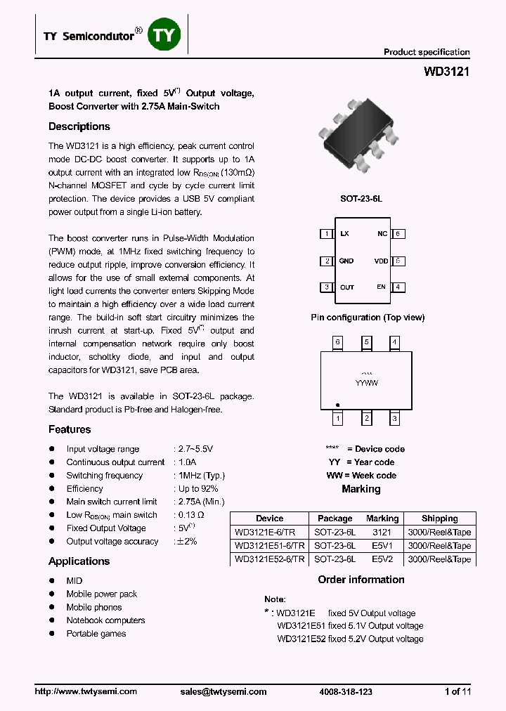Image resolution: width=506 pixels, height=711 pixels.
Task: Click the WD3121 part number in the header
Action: [446, 72]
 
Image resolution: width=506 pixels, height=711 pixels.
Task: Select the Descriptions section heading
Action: [79, 126]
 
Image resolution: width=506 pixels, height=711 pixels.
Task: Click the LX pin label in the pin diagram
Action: [344, 234]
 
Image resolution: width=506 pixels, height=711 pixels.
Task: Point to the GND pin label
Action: [346, 261]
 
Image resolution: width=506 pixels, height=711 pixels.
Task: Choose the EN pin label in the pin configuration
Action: [381, 287]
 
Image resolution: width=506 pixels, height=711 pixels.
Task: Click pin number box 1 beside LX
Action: [326, 234]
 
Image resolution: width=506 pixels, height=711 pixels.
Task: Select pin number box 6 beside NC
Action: [398, 234]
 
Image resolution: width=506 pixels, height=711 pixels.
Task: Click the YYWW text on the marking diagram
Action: [366, 383]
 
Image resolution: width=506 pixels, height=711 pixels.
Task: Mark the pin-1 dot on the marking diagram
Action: [338, 405]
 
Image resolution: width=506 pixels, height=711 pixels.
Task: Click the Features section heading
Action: [70, 429]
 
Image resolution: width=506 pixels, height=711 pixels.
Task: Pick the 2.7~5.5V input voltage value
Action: [195, 449]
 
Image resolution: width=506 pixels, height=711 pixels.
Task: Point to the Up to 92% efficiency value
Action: [198, 488]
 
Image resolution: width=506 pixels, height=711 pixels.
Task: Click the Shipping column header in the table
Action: [439, 518]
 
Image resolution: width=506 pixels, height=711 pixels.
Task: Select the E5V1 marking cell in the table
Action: [382, 545]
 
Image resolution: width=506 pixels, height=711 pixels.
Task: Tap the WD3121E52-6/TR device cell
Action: [270, 559]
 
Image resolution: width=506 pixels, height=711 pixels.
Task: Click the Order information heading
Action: [361, 580]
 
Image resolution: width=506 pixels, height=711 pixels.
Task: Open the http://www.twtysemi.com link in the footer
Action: [86, 691]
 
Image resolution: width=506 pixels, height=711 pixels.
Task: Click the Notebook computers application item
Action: [105, 620]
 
